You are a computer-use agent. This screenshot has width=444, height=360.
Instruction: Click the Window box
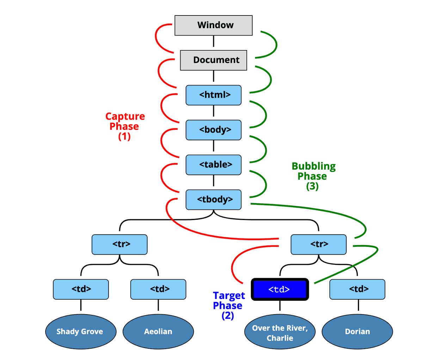(x=214, y=25)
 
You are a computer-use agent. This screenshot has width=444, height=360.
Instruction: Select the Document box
(x=214, y=60)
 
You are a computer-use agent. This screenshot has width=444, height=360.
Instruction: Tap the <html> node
(x=214, y=95)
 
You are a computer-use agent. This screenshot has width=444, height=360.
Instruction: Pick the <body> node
(x=214, y=130)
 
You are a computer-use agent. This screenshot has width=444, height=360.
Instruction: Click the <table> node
(x=214, y=165)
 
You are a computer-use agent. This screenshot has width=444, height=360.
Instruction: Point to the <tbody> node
(x=214, y=200)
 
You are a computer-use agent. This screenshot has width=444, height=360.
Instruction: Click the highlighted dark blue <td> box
(x=280, y=289)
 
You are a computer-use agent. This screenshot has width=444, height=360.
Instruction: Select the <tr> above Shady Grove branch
(x=119, y=244)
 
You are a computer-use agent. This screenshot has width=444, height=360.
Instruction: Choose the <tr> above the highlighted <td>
(x=319, y=244)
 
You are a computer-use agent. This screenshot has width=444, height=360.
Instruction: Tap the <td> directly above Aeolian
(x=158, y=289)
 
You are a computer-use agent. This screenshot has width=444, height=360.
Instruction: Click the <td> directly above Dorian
(x=357, y=289)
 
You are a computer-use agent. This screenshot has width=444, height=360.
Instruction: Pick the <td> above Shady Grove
(x=81, y=289)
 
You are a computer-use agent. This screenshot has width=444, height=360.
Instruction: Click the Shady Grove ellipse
(x=81, y=331)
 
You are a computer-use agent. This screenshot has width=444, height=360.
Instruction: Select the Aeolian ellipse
(x=158, y=331)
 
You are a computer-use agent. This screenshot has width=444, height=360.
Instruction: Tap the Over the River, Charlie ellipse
(x=280, y=332)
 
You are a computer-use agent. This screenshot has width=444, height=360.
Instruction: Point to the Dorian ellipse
(x=357, y=331)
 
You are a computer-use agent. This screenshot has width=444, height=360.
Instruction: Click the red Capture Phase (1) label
(x=125, y=126)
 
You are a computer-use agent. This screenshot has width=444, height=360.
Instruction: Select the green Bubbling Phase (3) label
(x=313, y=176)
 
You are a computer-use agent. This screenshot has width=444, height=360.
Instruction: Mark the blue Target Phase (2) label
(x=228, y=305)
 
